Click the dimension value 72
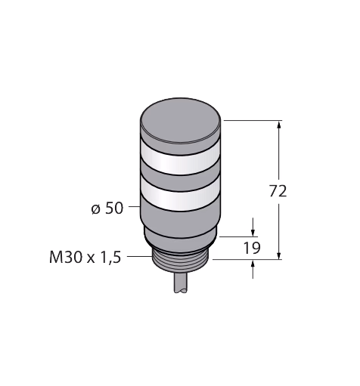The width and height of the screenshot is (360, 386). point(278,191)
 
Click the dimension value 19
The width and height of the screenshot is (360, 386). point(252,248)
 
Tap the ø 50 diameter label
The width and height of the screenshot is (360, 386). point(107,208)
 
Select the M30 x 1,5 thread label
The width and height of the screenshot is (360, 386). point(85,258)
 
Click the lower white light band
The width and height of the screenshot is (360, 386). point(181,194)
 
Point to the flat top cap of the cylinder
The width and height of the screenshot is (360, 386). point(181,121)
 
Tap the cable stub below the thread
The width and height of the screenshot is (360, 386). point(181,283)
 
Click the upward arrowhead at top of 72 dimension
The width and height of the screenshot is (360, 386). point(279,125)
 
